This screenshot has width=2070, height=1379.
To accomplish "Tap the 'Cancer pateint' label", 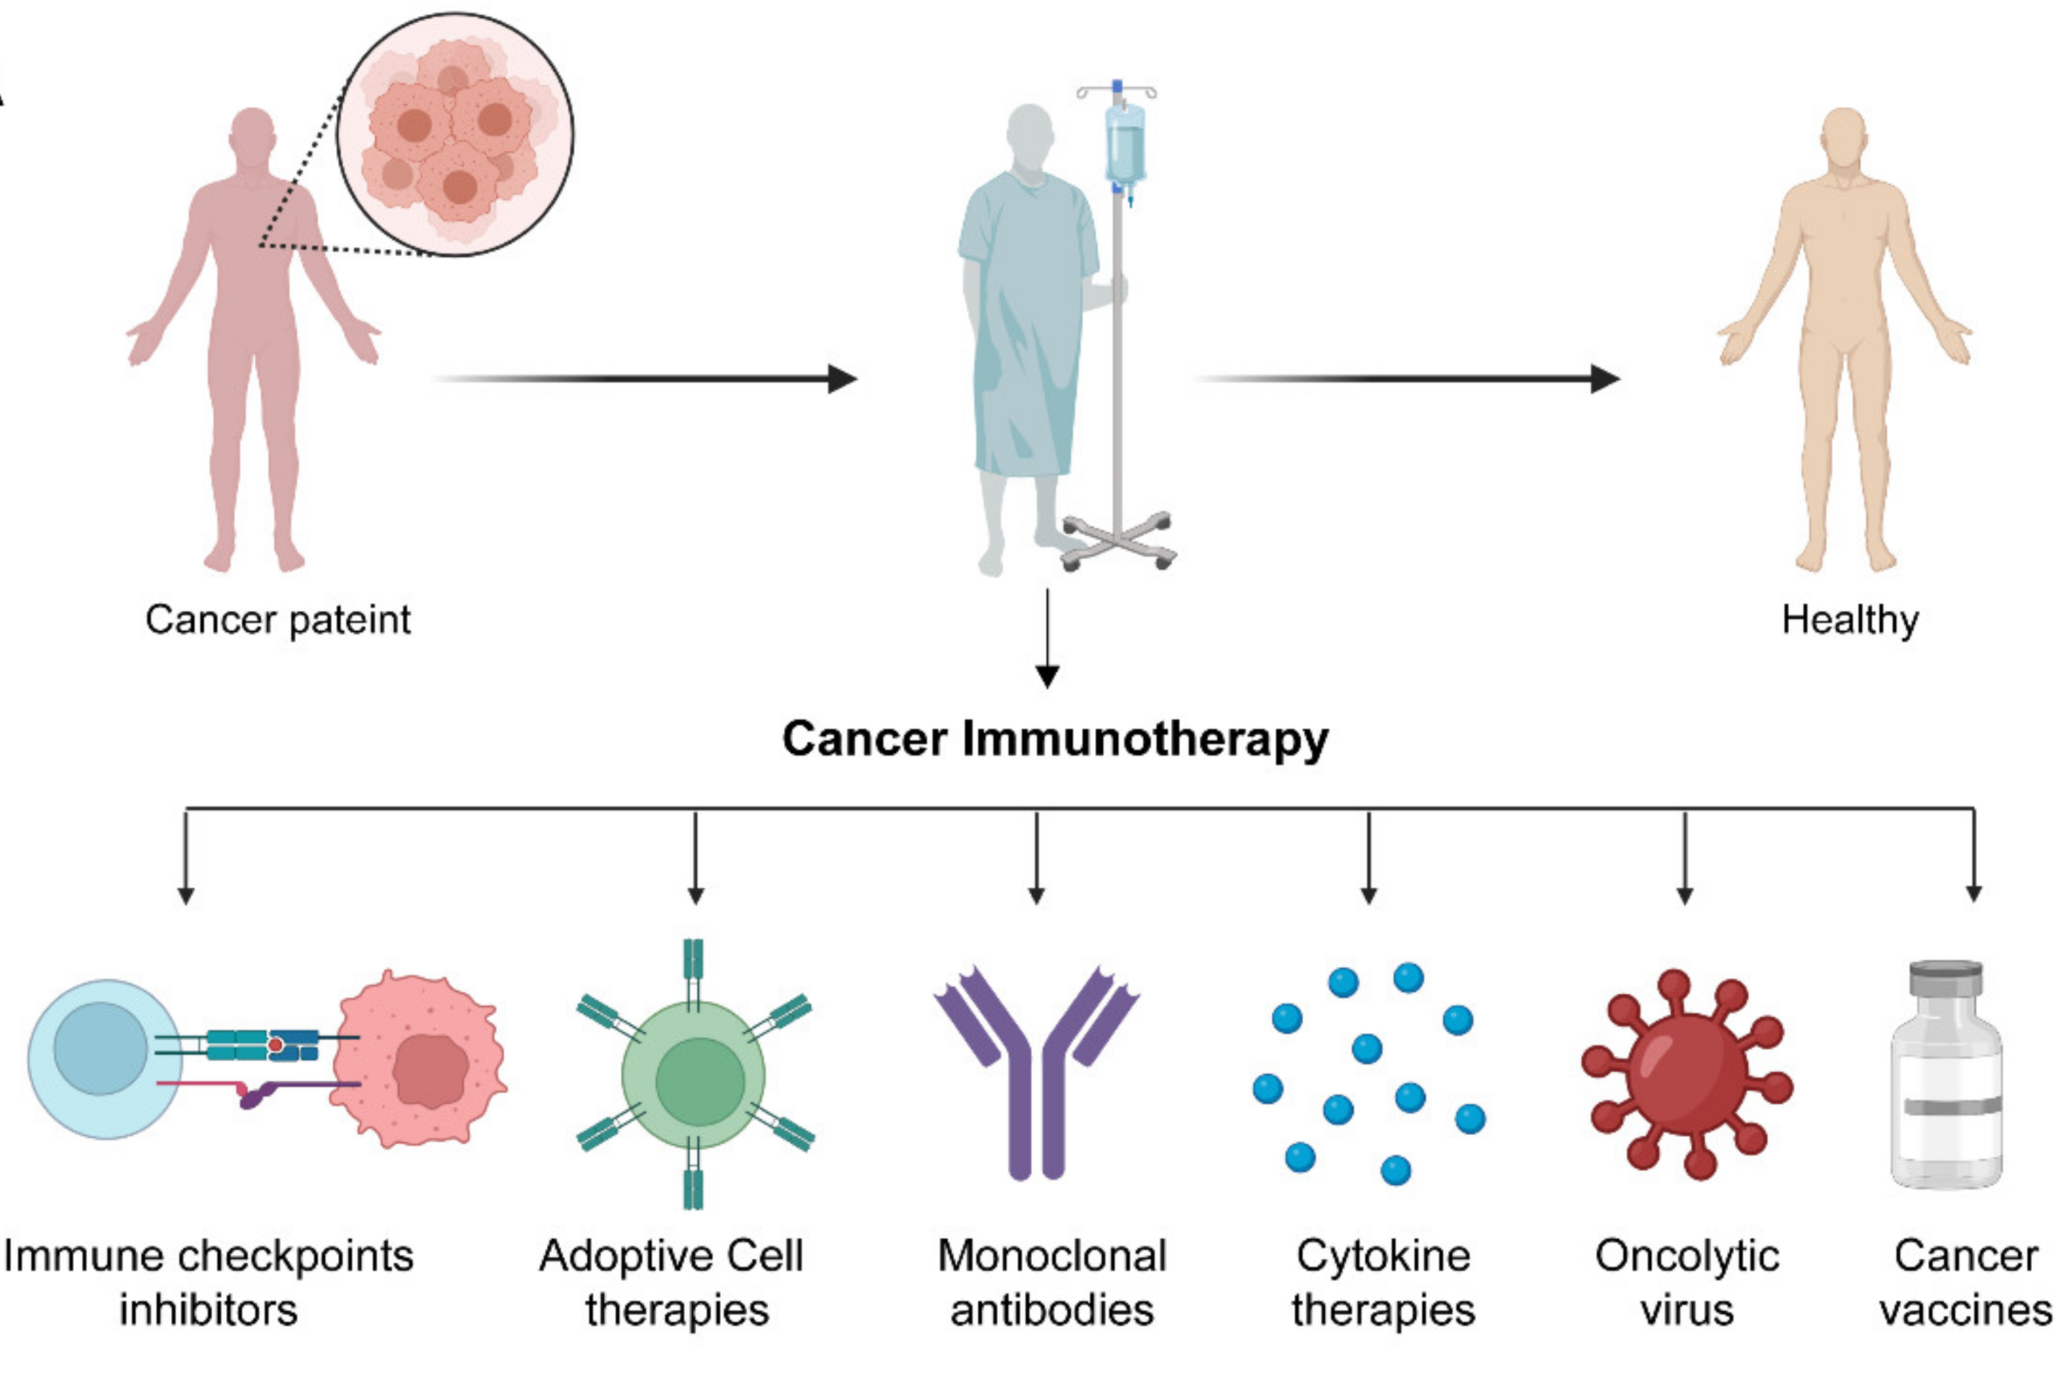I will tap(277, 620).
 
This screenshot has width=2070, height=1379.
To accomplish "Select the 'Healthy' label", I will tap(1849, 620).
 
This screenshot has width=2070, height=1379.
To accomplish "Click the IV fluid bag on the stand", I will tap(1124, 145).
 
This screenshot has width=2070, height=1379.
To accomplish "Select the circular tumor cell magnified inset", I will tap(454, 134).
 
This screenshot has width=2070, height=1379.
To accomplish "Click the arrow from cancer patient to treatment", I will tap(646, 379).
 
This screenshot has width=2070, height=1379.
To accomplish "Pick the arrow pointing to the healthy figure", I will tap(1407, 379).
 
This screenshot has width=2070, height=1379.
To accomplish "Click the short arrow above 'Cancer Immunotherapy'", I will tap(1046, 637).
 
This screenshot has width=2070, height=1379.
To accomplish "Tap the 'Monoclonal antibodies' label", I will tap(1052, 1282).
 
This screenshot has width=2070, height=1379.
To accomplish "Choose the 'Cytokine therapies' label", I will tap(1383, 1282).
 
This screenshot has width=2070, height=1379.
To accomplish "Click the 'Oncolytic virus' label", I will tap(1686, 1282).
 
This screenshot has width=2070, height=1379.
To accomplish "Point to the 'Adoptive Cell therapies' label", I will tap(673, 1282).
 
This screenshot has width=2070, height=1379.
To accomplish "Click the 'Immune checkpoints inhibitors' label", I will tap(209, 1282).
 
